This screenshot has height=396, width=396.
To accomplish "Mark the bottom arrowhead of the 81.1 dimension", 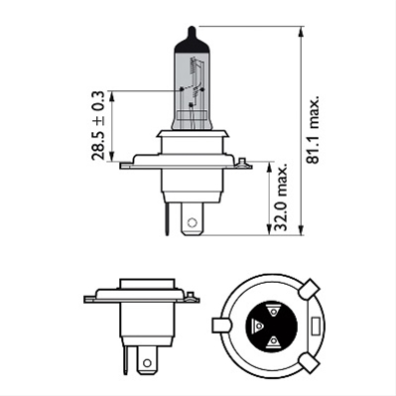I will (301, 231).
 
